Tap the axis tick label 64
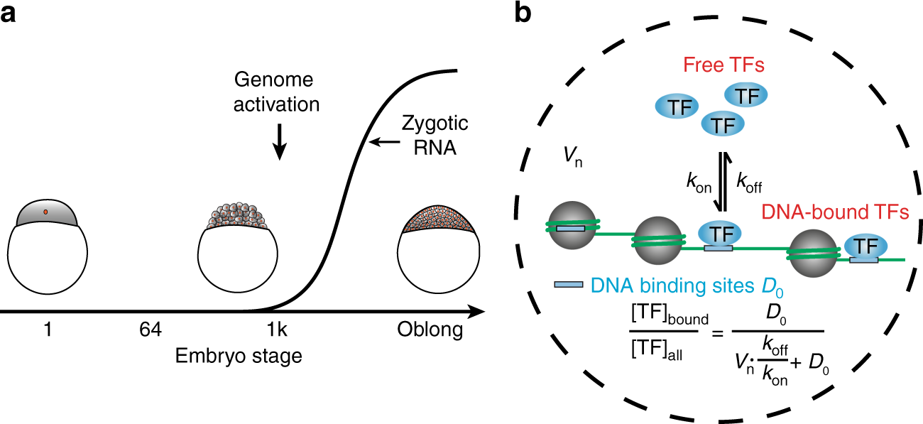[150, 330]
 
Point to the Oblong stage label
[429, 330]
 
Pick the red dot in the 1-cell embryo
[46, 212]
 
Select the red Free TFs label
[723, 66]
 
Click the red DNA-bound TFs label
[834, 212]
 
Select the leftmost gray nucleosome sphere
[570, 225]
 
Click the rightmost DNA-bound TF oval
[864, 246]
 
